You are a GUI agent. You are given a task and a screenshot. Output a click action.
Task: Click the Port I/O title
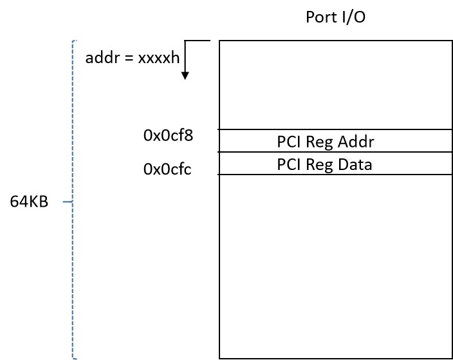click(x=335, y=17)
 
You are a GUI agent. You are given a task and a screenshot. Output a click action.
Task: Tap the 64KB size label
click(x=29, y=202)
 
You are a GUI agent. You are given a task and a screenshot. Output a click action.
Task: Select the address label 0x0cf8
click(x=168, y=135)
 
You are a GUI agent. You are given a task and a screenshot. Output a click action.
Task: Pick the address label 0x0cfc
click(x=167, y=169)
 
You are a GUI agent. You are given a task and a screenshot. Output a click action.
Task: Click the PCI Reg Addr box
click(x=336, y=141)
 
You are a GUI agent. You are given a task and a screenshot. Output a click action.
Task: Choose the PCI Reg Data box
click(x=336, y=164)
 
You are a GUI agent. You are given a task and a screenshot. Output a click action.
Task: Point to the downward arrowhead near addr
click(x=185, y=76)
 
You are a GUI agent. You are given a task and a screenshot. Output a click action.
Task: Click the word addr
click(x=102, y=57)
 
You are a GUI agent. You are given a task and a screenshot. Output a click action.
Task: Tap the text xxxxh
click(x=158, y=57)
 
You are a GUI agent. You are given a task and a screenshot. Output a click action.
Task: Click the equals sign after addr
click(x=129, y=58)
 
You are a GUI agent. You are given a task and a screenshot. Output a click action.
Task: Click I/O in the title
click(x=354, y=17)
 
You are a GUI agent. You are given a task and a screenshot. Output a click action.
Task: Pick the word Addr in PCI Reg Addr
click(x=356, y=142)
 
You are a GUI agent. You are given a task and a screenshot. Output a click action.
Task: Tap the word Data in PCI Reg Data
click(x=355, y=164)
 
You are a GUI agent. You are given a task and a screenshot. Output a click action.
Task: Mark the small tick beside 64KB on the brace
click(x=68, y=202)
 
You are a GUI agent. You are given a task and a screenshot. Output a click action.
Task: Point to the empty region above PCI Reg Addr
click(x=336, y=85)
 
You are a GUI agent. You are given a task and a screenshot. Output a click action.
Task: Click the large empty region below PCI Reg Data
click(x=336, y=267)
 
